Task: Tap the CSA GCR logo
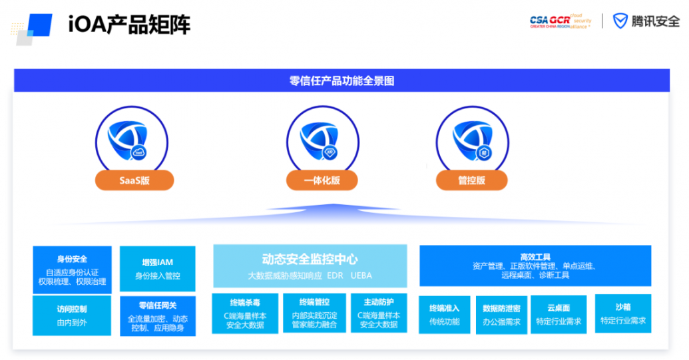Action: pyautogui.click(x=560, y=21)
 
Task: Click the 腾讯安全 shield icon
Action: pyautogui.click(x=620, y=21)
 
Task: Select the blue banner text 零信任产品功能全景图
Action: pyautogui.click(x=342, y=81)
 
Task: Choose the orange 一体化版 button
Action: pyautogui.click(x=322, y=180)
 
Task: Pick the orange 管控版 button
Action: pyautogui.click(x=471, y=180)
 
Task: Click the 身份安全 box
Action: pyautogui.click(x=72, y=270)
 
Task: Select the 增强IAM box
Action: pyautogui.click(x=158, y=269)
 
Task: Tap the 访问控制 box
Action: pyautogui.click(x=72, y=315)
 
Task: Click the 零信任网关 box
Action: pyautogui.click(x=158, y=316)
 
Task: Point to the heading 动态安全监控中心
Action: pyautogui.click(x=310, y=260)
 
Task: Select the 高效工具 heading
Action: pyautogui.click(x=535, y=256)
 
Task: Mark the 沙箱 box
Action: pyautogui.click(x=622, y=313)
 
